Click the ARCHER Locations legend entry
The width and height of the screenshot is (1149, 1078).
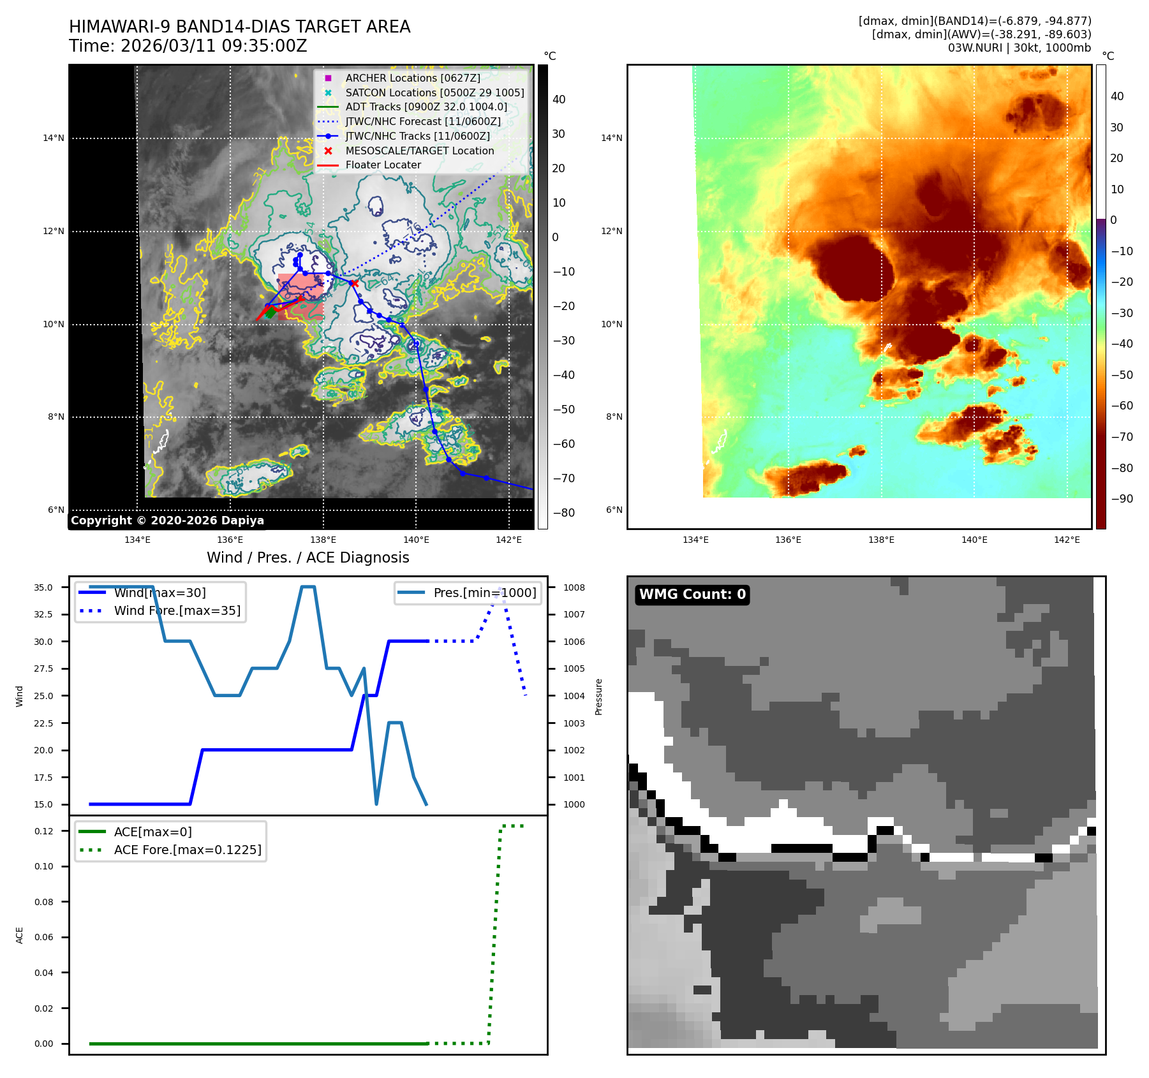coord(412,78)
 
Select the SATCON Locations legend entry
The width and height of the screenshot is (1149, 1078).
coord(434,92)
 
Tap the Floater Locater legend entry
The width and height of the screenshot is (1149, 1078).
coord(383,165)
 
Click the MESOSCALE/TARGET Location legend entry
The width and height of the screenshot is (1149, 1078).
coord(419,151)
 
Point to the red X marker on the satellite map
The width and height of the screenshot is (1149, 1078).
coord(354,283)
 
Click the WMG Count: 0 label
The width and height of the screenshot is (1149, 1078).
coord(692,594)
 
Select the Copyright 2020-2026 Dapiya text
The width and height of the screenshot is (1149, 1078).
coord(167,521)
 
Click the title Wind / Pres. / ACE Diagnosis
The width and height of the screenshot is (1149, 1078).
coord(308,557)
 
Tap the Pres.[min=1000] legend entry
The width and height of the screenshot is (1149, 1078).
coord(485,593)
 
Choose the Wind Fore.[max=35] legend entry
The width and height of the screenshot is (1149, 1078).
coord(177,610)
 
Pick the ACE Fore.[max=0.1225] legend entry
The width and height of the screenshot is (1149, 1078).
coord(188,850)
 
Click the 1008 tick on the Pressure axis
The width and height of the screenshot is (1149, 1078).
coord(574,587)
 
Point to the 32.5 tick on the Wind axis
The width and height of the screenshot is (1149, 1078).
coord(43,614)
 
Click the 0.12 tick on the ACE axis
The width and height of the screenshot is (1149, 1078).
coord(44,831)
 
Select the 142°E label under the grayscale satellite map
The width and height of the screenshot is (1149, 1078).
coord(508,540)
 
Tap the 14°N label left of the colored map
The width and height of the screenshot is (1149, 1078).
coord(612,138)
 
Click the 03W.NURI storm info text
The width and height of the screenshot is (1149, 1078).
coord(1019,48)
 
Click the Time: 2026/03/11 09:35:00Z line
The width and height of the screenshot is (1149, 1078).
coord(188,46)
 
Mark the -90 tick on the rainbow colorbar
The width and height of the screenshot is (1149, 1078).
coord(1122,499)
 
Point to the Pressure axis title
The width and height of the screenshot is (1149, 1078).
coord(598,697)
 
